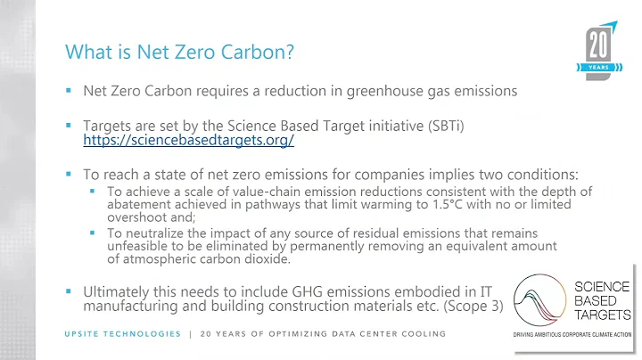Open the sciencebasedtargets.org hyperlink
point(188,141)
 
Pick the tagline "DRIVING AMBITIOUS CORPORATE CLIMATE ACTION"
point(571,335)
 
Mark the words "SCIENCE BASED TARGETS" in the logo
point(602,300)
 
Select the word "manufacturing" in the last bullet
point(136,307)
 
